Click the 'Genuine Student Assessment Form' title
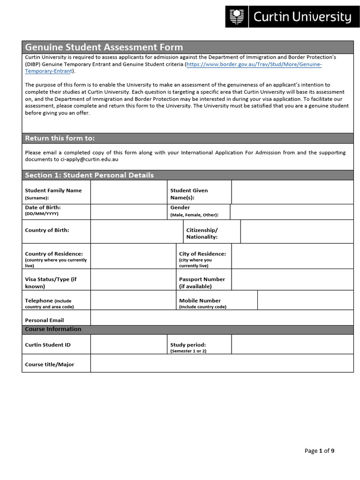[104, 47]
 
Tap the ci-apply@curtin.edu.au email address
[89, 159]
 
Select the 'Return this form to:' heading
[60, 138]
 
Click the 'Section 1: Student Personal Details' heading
[89, 175]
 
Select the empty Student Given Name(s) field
[292, 192]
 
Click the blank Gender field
[292, 212]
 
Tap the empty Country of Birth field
[136, 232]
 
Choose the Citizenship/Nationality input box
[297, 232]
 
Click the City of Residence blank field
[292, 256]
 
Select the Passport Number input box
[292, 280]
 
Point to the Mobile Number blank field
[305, 300]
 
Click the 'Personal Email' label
[44, 320]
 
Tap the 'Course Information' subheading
[53, 329]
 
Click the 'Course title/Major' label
[49, 364]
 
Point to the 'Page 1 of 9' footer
[319, 451]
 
